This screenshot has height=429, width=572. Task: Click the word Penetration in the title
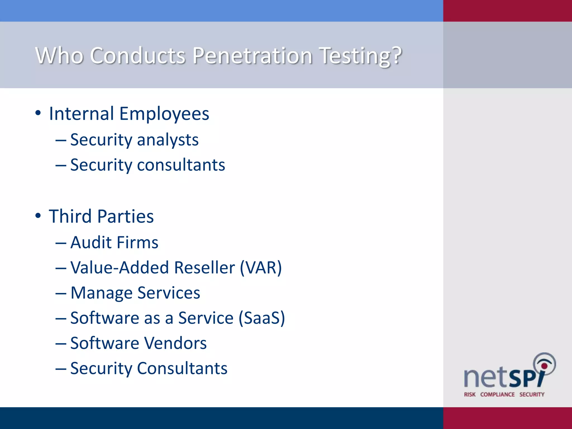pyautogui.click(x=252, y=56)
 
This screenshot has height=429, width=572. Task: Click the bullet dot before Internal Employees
pyautogui.click(x=38, y=113)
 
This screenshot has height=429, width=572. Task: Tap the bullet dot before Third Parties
pyautogui.click(x=38, y=216)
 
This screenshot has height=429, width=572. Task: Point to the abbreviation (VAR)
pyautogui.click(x=261, y=268)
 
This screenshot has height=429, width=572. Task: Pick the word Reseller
pyautogui.click(x=204, y=268)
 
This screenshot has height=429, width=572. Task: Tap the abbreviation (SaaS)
pyautogui.click(x=262, y=318)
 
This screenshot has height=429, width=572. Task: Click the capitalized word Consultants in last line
pyautogui.click(x=182, y=368)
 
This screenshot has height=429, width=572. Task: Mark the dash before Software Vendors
pyautogui.click(x=61, y=343)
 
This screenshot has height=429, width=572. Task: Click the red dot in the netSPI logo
pyautogui.click(x=544, y=366)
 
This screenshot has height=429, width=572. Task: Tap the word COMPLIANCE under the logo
pyautogui.click(x=497, y=394)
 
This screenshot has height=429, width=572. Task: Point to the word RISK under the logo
pyautogui.click(x=470, y=394)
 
